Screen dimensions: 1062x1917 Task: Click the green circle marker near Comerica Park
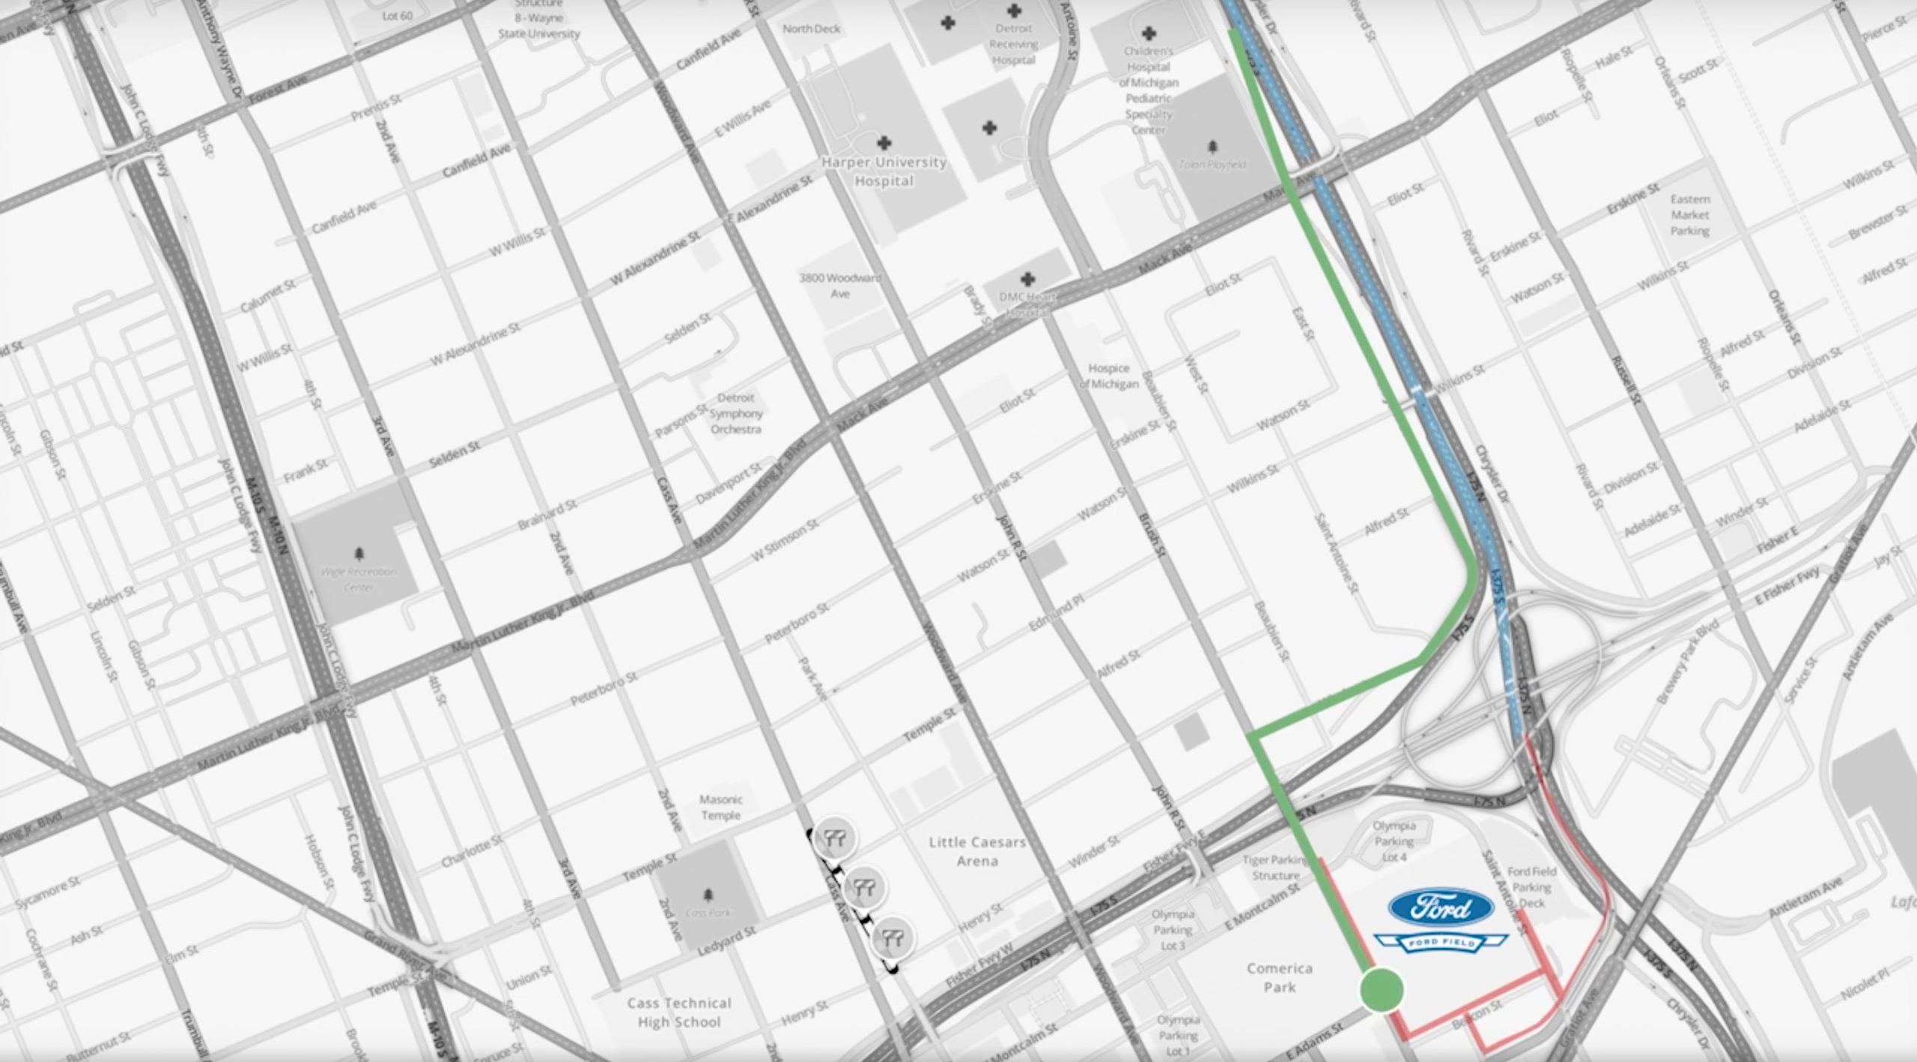point(1381,989)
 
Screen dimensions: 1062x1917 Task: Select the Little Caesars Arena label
point(976,852)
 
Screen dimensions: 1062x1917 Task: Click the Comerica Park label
point(1280,977)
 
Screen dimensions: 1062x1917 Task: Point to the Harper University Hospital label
point(884,171)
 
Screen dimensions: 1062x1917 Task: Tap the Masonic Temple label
point(720,808)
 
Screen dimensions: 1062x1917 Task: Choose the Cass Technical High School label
point(679,1013)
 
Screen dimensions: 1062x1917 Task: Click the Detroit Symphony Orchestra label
point(735,413)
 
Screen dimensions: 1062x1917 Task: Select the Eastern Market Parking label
point(1690,215)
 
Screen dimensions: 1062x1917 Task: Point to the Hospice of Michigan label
point(1109,376)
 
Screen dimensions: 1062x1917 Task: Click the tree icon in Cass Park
point(708,895)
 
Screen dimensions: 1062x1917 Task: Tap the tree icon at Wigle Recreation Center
point(359,554)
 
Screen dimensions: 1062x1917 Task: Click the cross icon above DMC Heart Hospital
point(1027,279)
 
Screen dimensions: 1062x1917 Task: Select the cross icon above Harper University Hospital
point(884,142)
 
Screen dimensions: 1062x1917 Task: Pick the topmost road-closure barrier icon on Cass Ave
point(835,838)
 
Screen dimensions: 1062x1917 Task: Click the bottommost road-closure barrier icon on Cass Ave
point(893,937)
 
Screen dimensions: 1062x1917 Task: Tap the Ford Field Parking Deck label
point(1531,887)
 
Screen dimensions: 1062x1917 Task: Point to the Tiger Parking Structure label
point(1276,867)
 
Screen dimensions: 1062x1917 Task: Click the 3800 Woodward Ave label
point(839,286)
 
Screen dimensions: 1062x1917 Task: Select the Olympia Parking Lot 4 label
point(1394,841)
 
